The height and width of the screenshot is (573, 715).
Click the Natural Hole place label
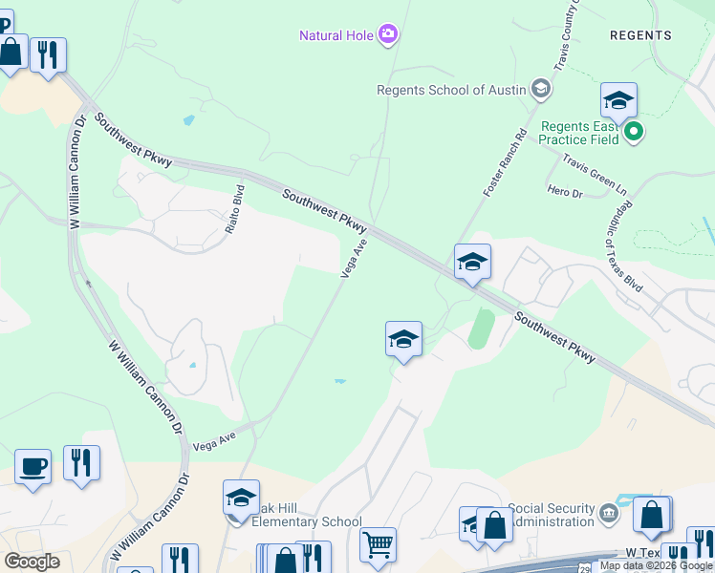[336, 36]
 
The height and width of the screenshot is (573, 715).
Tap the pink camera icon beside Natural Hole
[388, 36]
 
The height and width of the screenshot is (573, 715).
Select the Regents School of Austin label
[452, 90]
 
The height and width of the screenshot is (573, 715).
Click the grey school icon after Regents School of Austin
[541, 90]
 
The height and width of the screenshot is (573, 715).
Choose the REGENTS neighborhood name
[640, 35]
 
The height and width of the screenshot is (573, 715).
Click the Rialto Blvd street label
[238, 202]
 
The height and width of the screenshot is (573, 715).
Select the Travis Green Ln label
[595, 172]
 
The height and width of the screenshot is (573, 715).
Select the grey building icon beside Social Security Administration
[608, 516]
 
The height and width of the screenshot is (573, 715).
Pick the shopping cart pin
[378, 545]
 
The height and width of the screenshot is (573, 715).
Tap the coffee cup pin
[32, 467]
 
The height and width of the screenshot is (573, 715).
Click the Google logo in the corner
[32, 561]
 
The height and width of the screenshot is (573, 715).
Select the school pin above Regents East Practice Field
[618, 100]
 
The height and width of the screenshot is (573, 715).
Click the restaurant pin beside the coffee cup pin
[81, 463]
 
